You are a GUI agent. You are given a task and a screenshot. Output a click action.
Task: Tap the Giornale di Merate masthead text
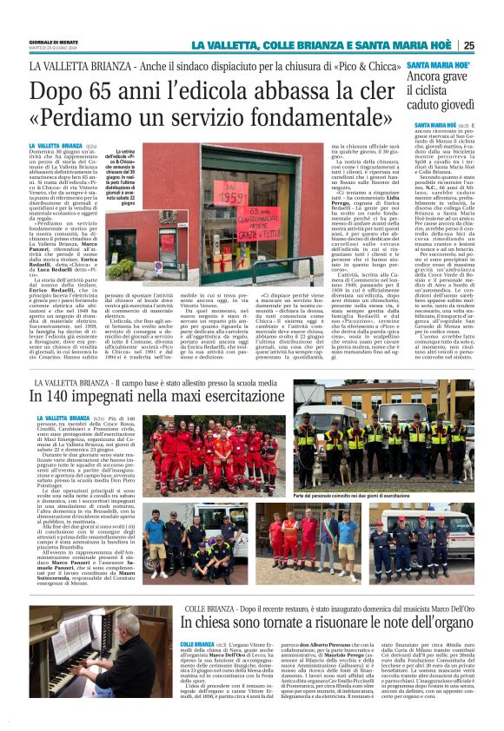tap(54, 42)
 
